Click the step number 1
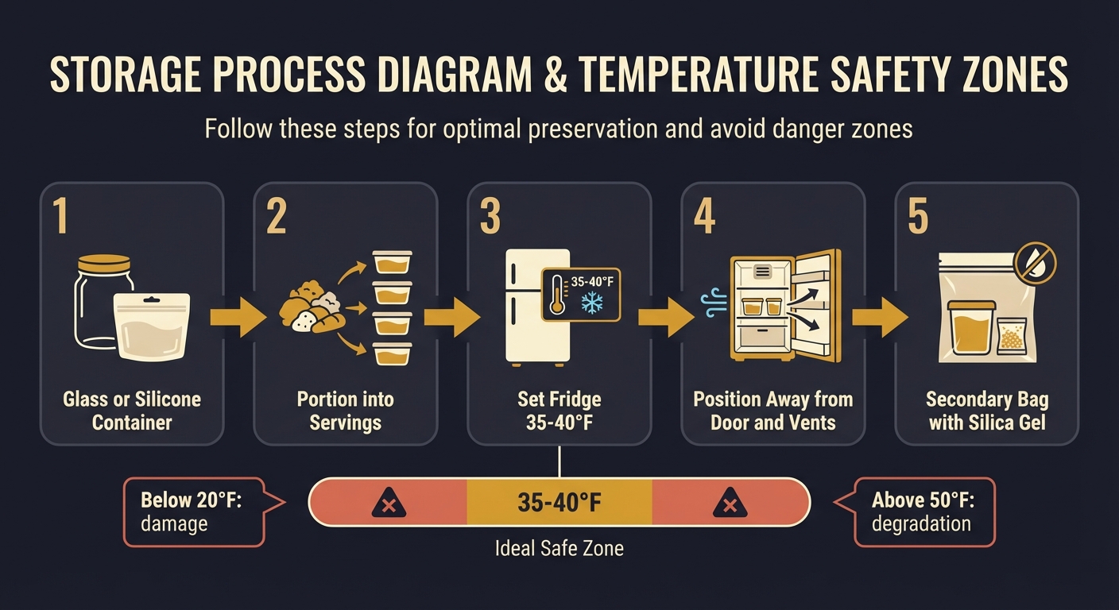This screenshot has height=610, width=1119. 60,216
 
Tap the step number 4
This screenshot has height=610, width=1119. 704,216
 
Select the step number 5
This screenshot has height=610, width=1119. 918,216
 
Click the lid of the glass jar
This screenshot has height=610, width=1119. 104,263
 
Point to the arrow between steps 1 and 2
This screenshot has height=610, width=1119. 238,318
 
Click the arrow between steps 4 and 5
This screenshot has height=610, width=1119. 880,318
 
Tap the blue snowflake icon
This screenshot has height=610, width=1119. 592,303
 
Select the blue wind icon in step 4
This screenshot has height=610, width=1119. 714,303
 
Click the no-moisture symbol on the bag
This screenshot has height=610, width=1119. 1036,263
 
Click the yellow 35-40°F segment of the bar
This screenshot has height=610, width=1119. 559,502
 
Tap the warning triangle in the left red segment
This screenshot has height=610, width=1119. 389,504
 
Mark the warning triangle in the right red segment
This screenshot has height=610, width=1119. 730,504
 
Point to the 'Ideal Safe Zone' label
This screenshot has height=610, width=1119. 559,549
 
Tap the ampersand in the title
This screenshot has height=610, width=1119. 556,75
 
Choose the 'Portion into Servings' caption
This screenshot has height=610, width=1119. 345,411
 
